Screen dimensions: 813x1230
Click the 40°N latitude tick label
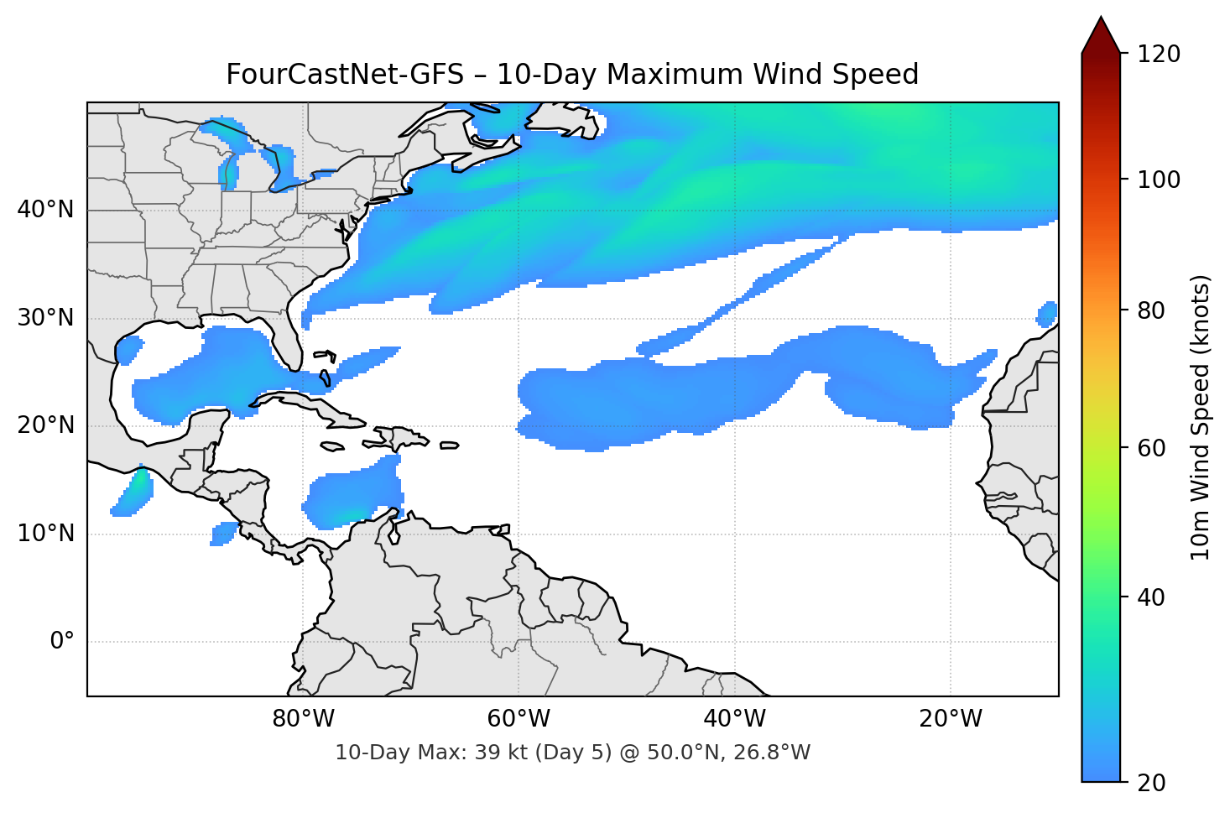pos(45,210)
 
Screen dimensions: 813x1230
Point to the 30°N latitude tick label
pos(45,318)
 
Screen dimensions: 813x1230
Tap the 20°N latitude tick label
pos(45,425)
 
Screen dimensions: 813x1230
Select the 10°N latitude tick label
pos(45,534)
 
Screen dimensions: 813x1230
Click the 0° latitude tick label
pos(61,642)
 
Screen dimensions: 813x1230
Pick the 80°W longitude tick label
pos(304,719)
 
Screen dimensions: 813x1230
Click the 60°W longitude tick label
pos(519,719)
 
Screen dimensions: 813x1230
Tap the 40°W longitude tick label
pos(735,719)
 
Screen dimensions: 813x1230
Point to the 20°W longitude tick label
pos(951,719)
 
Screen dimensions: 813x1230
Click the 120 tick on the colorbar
pos(1159,54)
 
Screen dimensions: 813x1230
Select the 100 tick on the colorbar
pos(1159,180)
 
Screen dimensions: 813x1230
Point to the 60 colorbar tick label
pos(1152,448)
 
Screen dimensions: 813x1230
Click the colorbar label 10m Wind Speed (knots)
pos(1201,417)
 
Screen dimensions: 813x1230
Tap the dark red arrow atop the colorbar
pos(1101,36)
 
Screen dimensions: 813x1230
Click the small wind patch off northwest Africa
pos(1047,314)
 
